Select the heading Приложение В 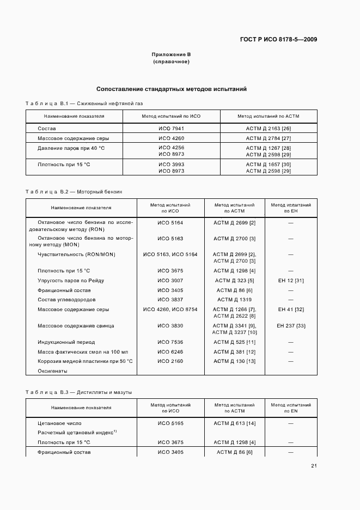click(x=171, y=54)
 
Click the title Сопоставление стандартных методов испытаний click(x=172, y=89)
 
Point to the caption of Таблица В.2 click(x=74, y=192)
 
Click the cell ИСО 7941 click(x=171, y=128)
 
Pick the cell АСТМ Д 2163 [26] click(x=268, y=128)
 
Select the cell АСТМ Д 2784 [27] click(x=268, y=138)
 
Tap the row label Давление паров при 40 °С click(x=71, y=148)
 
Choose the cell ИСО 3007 click(x=170, y=281)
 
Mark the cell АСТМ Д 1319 click(x=234, y=300)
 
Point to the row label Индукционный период click(x=66, y=342)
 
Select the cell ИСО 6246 click(x=170, y=351)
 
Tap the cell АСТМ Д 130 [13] click(x=234, y=361)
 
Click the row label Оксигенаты click(x=52, y=371)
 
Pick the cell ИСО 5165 click(x=170, y=423)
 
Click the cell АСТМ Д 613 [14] click(x=234, y=423)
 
